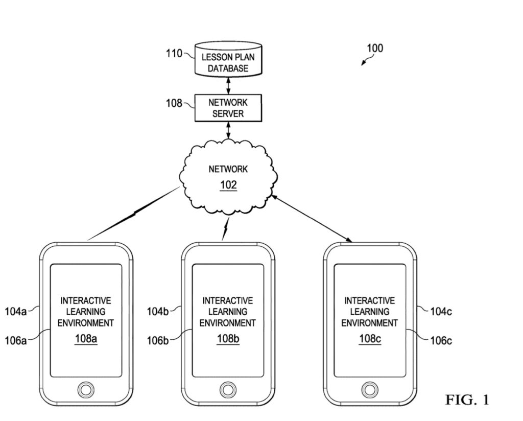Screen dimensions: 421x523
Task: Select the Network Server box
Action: coord(228,108)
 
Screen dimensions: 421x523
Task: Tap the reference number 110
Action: coord(174,53)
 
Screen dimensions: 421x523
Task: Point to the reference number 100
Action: coord(375,49)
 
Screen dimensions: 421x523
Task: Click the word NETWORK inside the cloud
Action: coord(228,169)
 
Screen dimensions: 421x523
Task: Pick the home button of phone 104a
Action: coord(86,389)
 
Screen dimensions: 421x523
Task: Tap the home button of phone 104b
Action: coord(228,389)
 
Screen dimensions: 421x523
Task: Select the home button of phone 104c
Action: coord(370,389)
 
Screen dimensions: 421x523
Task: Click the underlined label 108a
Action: coord(86,339)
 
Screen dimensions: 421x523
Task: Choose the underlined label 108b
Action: coord(228,339)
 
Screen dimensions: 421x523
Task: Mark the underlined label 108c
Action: coord(370,339)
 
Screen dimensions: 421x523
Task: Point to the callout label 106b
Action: coord(158,341)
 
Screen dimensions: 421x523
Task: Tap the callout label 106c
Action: coord(441,341)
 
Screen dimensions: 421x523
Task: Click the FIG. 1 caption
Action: coord(467,400)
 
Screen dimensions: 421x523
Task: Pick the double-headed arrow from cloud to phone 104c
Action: coord(313,218)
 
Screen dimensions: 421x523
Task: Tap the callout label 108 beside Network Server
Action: coord(174,103)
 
